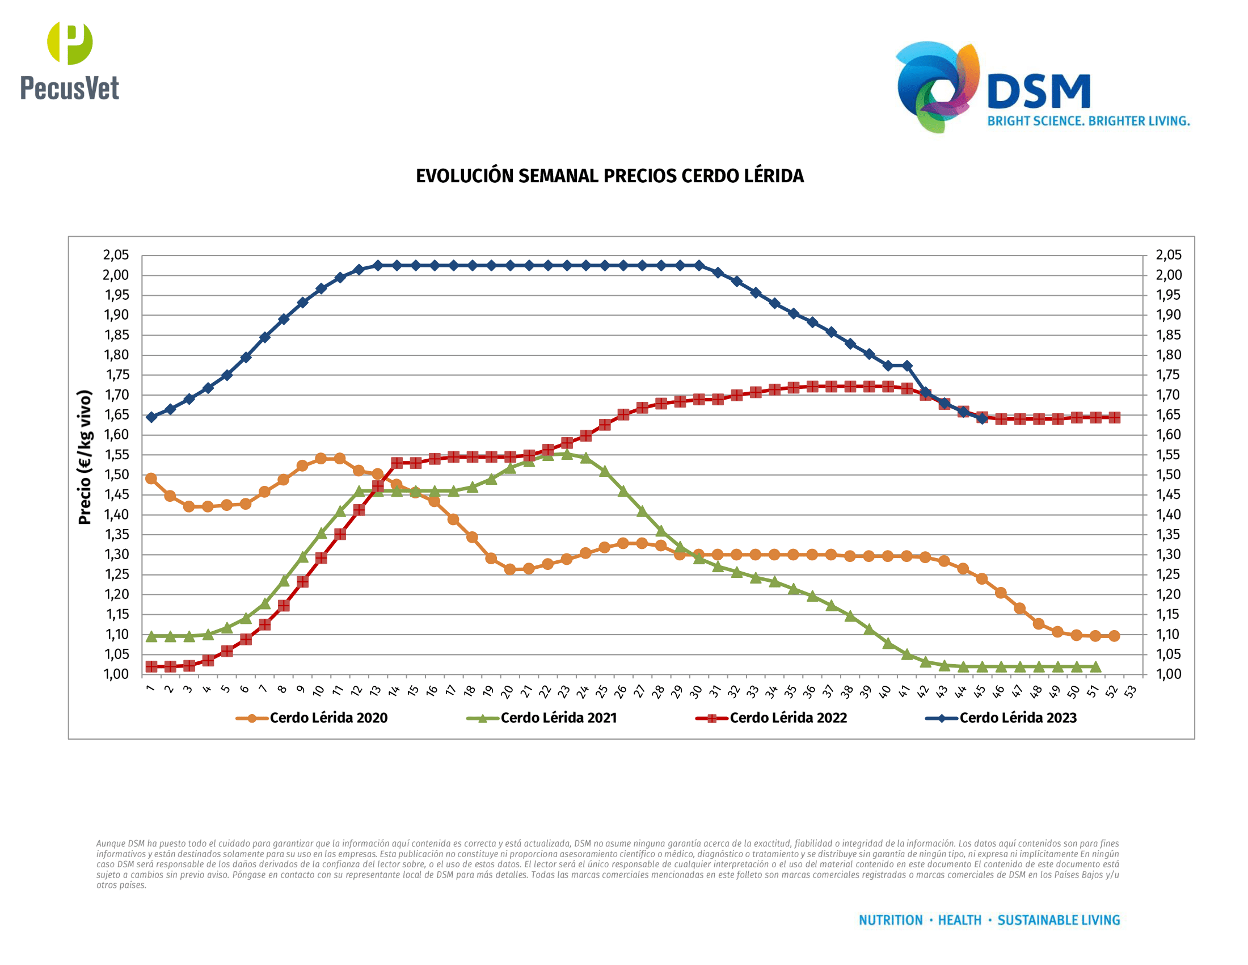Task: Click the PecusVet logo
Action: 70,61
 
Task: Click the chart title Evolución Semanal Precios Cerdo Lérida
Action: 610,176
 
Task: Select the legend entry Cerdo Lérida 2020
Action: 328,718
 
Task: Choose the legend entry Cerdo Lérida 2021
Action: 558,718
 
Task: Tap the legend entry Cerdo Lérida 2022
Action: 788,718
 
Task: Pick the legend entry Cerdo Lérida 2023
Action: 1018,718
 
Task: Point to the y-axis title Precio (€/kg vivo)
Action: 85,457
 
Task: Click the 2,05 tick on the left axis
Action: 116,255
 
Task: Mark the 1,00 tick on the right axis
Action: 1169,674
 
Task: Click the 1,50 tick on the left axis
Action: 116,475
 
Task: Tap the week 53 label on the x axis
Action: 1130,692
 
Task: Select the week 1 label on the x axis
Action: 150,689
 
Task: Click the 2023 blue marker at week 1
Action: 151,417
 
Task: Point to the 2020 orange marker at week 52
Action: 1114,636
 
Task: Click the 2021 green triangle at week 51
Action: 1095,666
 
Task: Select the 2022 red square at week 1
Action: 151,666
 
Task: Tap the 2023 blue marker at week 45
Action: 982,418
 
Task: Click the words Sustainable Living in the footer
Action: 1059,920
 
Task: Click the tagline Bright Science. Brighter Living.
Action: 1088,121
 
